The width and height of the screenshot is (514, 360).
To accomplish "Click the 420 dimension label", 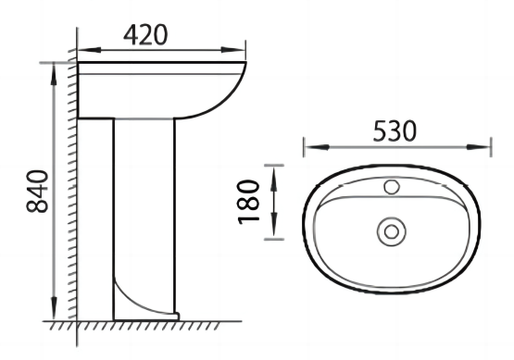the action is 145,35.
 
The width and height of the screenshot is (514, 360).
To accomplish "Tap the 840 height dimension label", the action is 37,192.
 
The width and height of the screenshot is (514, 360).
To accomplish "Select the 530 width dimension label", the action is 395,131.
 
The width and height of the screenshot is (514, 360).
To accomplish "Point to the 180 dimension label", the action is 248,202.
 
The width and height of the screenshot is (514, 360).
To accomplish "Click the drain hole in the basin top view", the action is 392,232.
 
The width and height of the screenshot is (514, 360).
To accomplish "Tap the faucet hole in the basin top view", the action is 392,187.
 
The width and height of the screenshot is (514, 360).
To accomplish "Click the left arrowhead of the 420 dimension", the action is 89,50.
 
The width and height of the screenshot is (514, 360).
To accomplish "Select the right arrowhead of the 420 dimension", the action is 233,50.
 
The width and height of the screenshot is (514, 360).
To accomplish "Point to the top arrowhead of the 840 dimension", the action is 54,74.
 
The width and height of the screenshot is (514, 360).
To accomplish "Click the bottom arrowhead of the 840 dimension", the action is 54,308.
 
